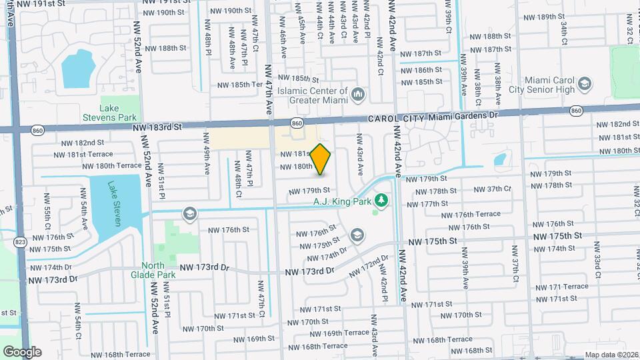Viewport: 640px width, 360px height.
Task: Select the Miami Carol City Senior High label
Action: click(549, 85)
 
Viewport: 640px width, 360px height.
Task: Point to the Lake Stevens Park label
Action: click(118, 113)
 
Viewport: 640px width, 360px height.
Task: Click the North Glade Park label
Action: click(153, 270)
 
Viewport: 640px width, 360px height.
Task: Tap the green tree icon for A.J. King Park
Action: click(381, 199)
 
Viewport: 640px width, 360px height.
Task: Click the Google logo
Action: click(22, 351)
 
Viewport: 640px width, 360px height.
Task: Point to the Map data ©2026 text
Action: click(611, 355)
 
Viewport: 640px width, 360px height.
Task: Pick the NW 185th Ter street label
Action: click(238, 85)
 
